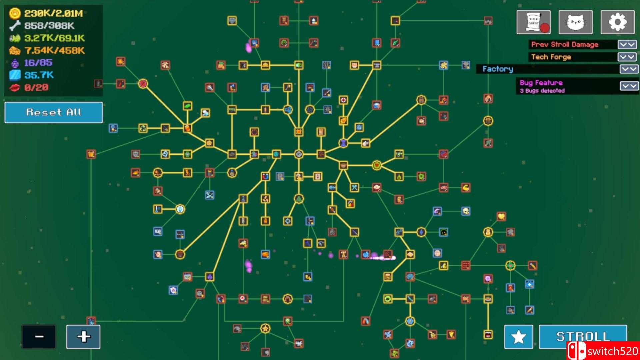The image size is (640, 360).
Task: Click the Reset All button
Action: [x=53, y=112]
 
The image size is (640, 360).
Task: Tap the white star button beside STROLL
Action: [x=518, y=337]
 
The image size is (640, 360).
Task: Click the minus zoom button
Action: [x=39, y=337]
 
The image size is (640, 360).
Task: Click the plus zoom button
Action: [x=83, y=337]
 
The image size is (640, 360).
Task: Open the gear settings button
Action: [x=617, y=22]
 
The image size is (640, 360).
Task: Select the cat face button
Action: [x=575, y=22]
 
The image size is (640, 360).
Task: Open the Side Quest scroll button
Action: [x=533, y=22]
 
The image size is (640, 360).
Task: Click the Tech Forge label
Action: [x=551, y=57]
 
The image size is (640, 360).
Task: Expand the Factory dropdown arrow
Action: [x=629, y=69]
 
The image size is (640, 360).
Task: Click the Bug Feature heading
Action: [x=541, y=83]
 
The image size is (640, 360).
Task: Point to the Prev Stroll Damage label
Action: [x=565, y=45]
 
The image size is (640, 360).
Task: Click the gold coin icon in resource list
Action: [x=15, y=13]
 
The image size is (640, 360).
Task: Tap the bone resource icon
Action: [x=15, y=26]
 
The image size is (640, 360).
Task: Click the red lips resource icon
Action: [x=15, y=88]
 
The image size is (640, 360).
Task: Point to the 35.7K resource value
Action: [x=39, y=75]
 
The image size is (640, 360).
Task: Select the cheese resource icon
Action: [x=15, y=51]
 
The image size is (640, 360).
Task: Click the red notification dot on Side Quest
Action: [x=545, y=28]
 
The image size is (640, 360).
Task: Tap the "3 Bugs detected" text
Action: [x=542, y=91]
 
